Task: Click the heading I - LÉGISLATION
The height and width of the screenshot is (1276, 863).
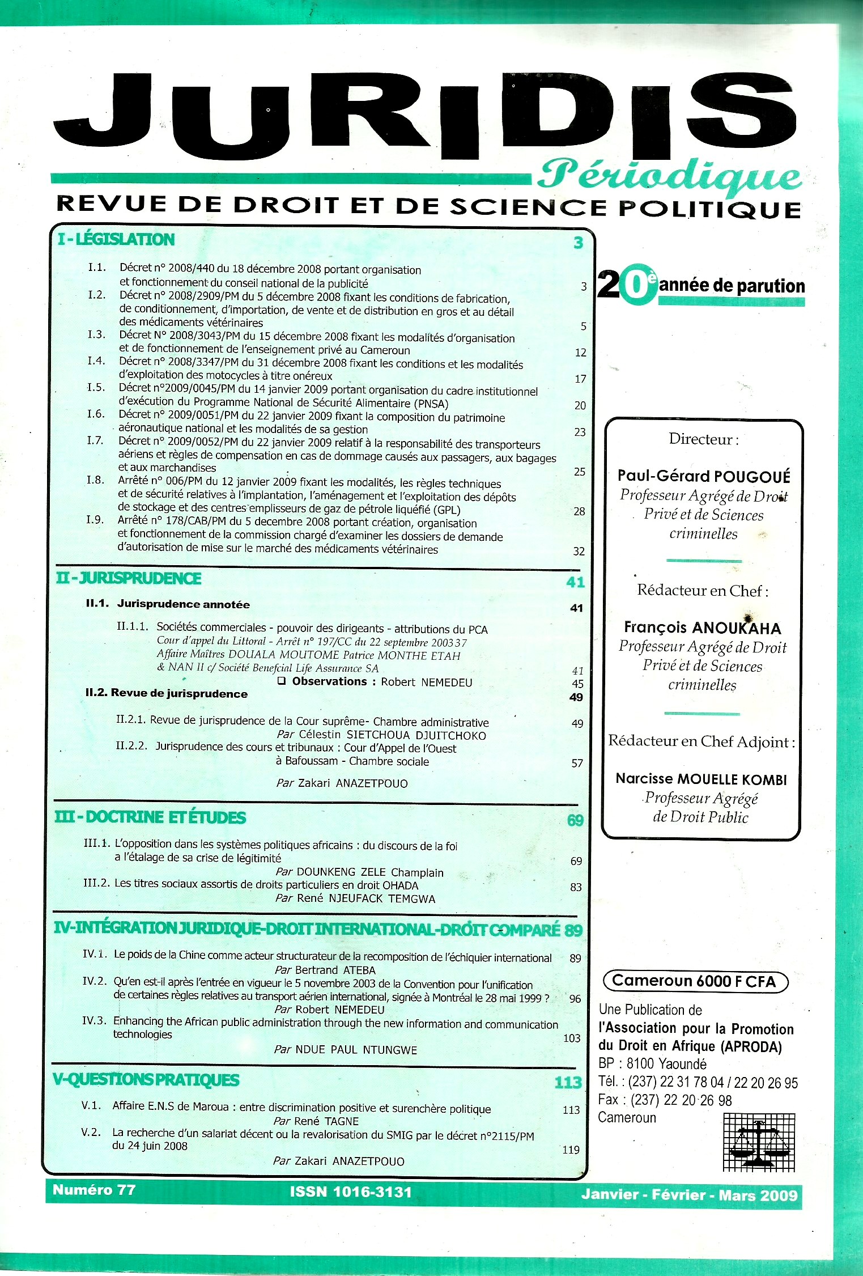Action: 116,239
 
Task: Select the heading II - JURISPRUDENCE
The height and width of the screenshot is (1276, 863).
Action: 129,578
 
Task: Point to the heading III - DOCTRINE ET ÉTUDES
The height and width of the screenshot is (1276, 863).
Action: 150,817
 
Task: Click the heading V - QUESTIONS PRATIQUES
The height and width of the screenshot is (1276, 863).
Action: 146,1080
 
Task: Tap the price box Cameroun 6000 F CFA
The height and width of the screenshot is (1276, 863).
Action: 695,981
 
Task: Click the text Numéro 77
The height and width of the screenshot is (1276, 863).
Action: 94,1189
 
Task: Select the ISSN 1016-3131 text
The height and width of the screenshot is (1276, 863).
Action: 351,1192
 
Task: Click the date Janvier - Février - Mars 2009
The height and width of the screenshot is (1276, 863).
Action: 689,1195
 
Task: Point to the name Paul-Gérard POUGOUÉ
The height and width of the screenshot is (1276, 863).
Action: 704,476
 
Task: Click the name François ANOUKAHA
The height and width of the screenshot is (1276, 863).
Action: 703,628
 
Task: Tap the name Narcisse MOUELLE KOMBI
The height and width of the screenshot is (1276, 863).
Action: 702,779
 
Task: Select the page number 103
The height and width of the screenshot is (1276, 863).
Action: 572,1038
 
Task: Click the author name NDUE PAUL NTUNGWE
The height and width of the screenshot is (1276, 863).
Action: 356,1050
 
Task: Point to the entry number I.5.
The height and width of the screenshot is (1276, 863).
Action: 96,387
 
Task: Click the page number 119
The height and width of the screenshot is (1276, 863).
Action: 571,1150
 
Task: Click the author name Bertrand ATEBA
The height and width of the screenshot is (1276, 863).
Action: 335,970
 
